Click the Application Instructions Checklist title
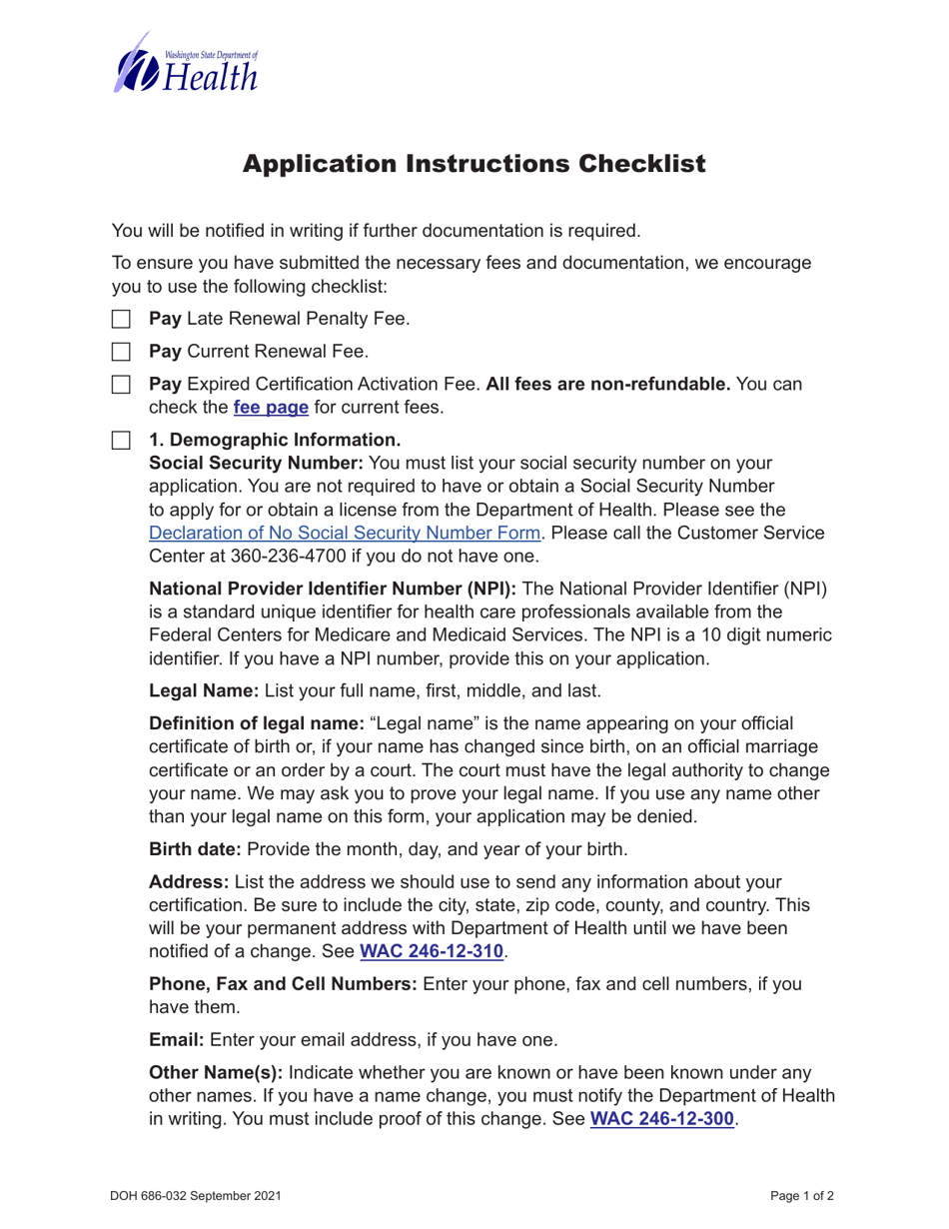[474, 164]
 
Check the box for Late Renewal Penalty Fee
[121, 320]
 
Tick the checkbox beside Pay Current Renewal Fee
[121, 352]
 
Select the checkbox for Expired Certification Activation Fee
[121, 385]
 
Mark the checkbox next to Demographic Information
[121, 440]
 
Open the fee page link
[271, 408]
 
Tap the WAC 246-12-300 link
[662, 1120]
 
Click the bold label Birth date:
[195, 850]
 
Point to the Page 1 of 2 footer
[802, 1195]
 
